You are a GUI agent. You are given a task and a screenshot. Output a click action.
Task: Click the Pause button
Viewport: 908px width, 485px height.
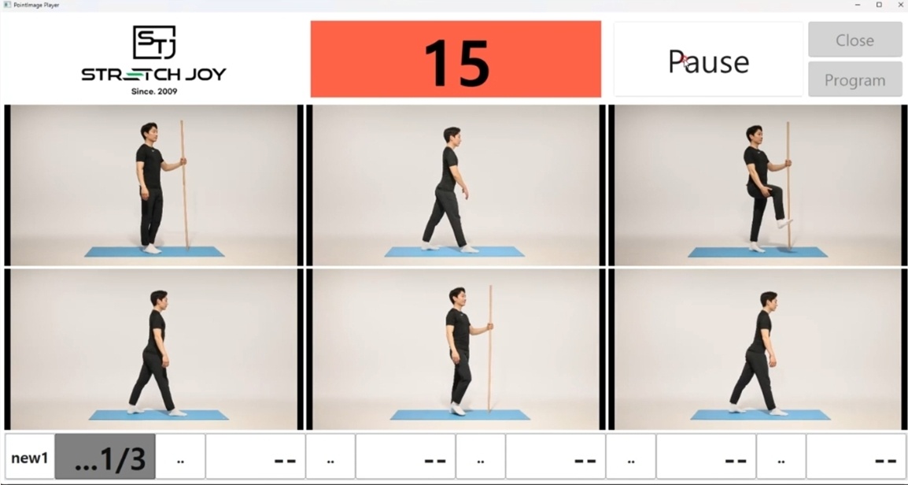pos(708,60)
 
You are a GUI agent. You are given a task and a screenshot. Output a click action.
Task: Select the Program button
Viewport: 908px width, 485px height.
pos(854,80)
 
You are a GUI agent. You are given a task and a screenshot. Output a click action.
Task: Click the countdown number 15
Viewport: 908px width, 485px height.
pos(456,62)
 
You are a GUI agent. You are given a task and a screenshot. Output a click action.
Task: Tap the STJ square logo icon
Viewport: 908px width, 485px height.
pos(154,42)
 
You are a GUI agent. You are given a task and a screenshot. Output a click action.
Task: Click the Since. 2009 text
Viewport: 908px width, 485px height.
pos(154,91)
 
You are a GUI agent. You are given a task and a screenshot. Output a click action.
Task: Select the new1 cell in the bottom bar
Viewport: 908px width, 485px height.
pos(30,458)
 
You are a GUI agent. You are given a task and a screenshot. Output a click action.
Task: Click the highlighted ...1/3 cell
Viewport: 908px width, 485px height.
pos(105,458)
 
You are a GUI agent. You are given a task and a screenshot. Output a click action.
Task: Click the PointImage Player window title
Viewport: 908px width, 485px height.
pos(36,5)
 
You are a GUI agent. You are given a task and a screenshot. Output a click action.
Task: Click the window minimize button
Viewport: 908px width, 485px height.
pos(858,5)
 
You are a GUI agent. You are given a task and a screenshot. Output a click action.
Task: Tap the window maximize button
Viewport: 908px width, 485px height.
pos(879,5)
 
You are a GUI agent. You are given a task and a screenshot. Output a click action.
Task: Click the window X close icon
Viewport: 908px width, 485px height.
pos(900,5)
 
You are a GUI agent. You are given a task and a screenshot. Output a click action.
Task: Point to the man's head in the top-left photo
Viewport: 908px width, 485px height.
pos(149,131)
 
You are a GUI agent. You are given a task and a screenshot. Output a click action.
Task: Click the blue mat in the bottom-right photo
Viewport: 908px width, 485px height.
pos(760,415)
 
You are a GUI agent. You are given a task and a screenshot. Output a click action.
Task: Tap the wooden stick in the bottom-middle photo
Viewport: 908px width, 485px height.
pos(490,348)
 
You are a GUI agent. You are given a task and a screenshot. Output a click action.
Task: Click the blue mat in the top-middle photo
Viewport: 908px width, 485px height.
pos(455,251)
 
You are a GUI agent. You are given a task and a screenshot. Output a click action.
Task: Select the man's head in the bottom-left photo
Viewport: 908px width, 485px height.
pos(159,299)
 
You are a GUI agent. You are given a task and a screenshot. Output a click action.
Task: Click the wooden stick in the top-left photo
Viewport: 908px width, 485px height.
pos(184,185)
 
